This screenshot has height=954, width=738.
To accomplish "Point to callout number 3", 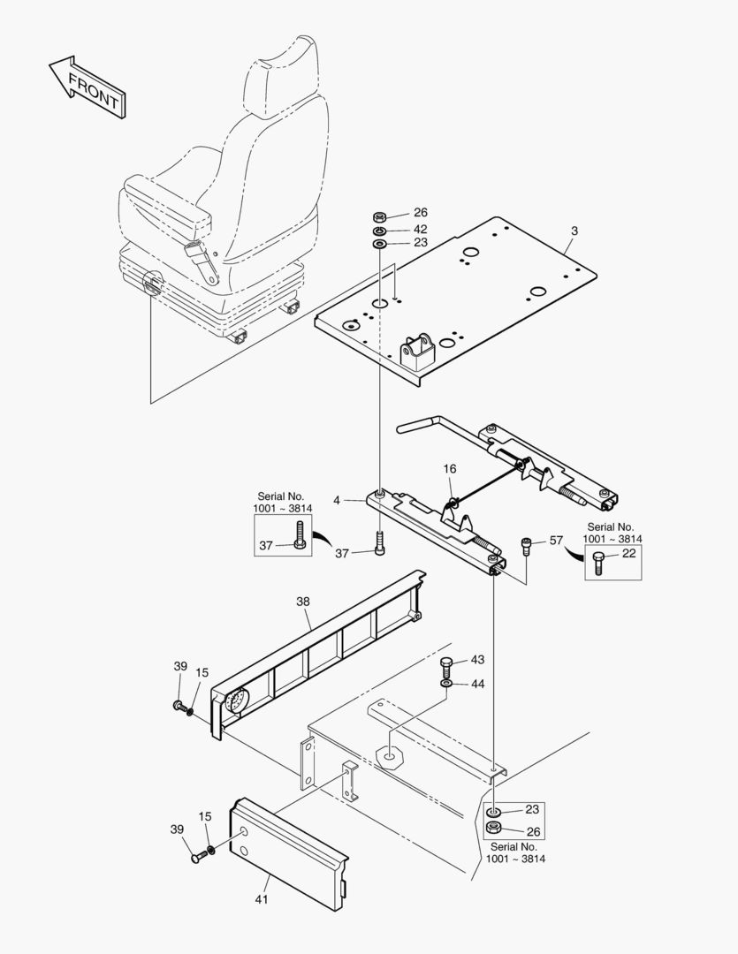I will tap(574, 231).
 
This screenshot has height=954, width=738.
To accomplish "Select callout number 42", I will tap(420, 229).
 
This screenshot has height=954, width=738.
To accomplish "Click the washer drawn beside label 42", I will tap(378, 230).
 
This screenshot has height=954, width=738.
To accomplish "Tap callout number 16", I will tap(450, 468).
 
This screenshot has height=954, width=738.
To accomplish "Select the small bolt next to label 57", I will tap(528, 545).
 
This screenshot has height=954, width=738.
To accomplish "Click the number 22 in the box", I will tap(628, 554).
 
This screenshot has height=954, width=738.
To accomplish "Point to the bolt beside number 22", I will tap(598, 561).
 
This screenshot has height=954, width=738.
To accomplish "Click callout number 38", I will tap(303, 601).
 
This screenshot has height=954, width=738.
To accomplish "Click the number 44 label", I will tap(477, 684).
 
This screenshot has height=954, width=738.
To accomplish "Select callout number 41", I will tap(262, 899).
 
